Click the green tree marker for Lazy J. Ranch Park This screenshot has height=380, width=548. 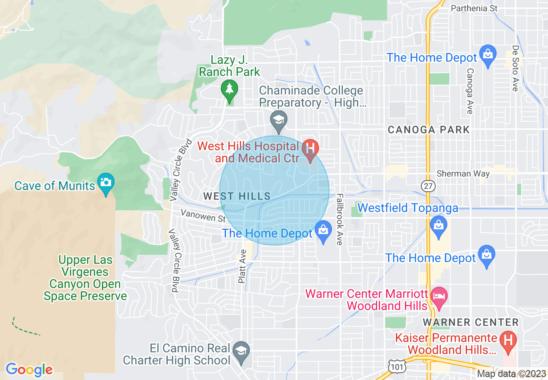click(x=229, y=89)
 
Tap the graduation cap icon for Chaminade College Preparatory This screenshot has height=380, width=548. click(x=279, y=120)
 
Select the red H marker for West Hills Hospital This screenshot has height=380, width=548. click(x=310, y=149)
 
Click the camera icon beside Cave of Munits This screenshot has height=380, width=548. click(x=105, y=182)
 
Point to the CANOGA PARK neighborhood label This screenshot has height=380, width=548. click(x=428, y=130)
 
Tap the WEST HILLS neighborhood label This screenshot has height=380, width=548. click(x=237, y=196)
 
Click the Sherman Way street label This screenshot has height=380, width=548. click(x=463, y=174)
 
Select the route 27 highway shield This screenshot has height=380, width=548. click(x=428, y=186)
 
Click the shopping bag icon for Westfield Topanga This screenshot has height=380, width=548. click(x=439, y=225)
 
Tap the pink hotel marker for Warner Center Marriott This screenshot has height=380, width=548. click(x=440, y=297)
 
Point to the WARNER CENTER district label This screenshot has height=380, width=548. click(x=471, y=322)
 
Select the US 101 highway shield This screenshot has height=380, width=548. click(x=396, y=365)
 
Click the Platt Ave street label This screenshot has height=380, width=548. click(x=242, y=269)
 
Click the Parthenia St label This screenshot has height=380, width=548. click(x=474, y=8)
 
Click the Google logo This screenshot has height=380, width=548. click(x=29, y=370)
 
